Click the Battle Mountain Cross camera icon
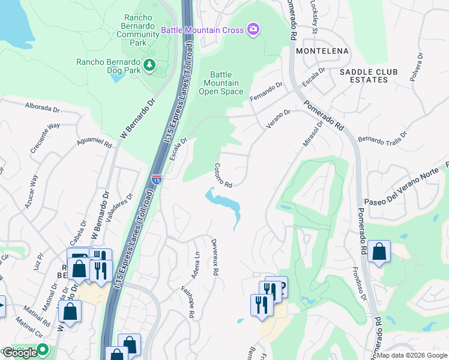tap(253, 29)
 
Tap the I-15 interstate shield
tap(156, 179)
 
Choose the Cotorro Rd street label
tap(223, 175)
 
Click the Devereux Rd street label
tap(214, 256)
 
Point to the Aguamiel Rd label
tap(94, 144)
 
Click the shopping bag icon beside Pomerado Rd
tap(379, 251)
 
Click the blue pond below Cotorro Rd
tap(224, 204)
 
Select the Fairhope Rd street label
tap(185, 300)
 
